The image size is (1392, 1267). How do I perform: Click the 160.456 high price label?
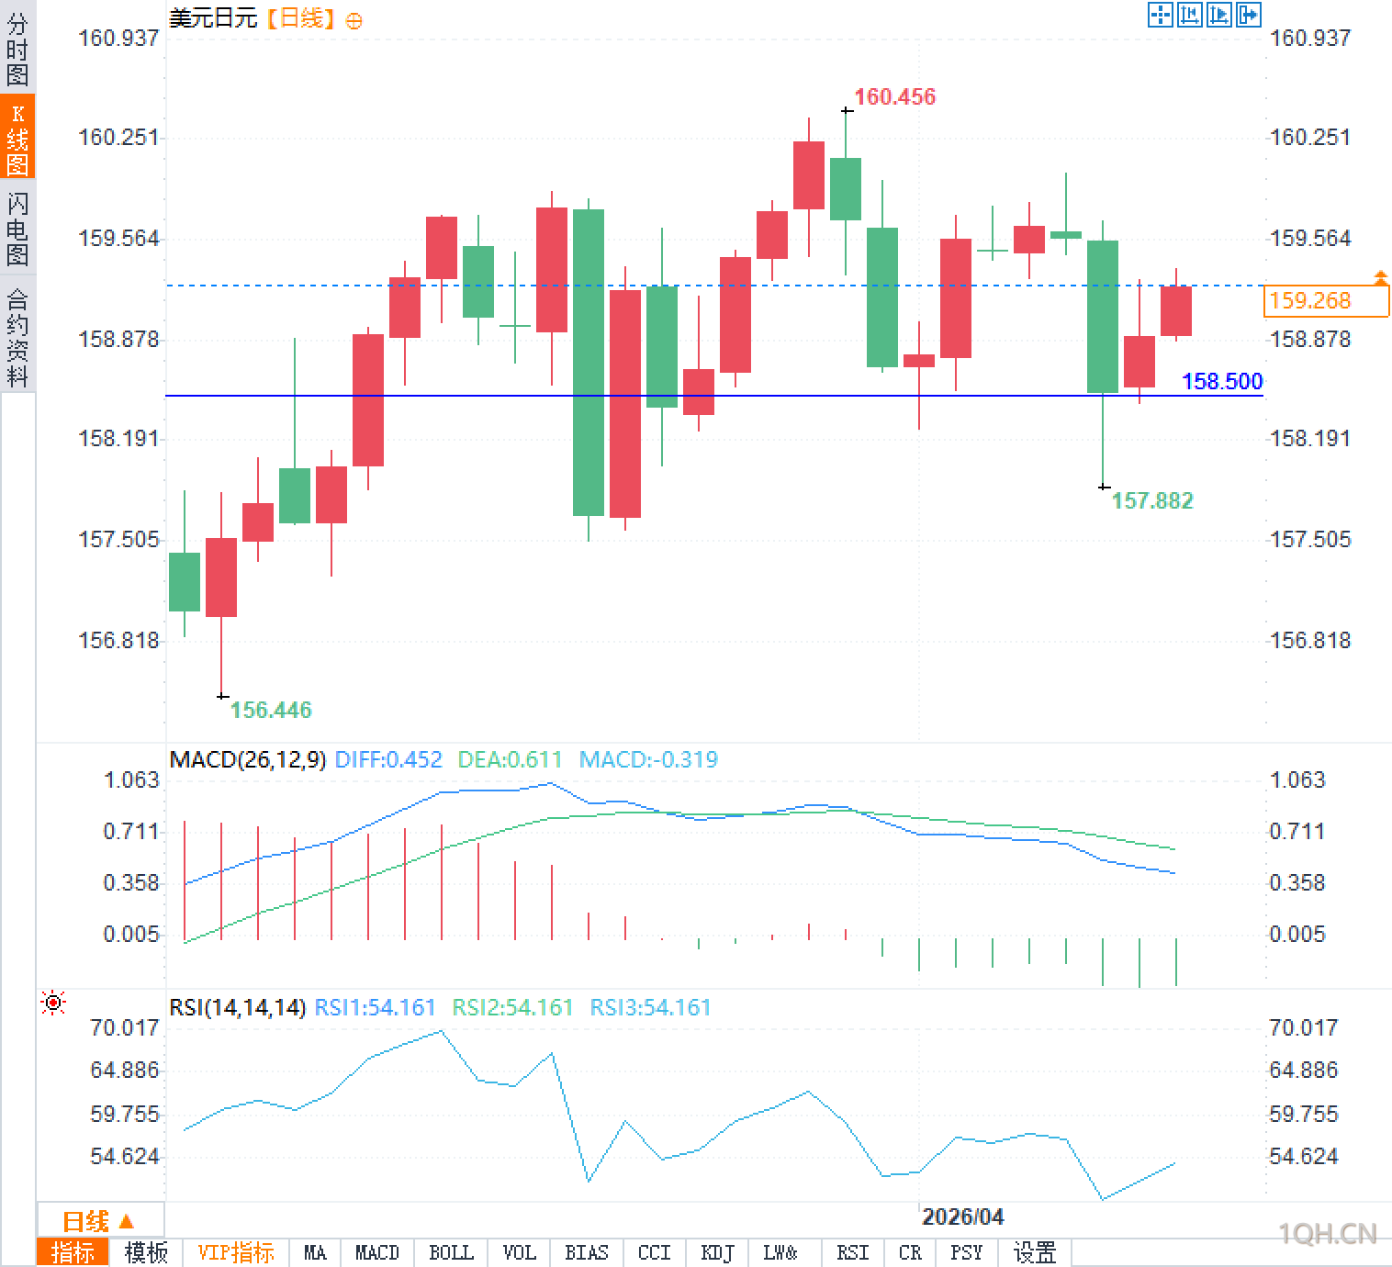(894, 96)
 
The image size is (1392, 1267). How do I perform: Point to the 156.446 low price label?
(270, 710)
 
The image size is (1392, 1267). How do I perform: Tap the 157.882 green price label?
(1152, 500)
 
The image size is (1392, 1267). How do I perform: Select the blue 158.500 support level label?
(1221, 381)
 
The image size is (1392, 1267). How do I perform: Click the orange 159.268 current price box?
(1325, 301)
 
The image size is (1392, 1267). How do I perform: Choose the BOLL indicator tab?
(451, 1252)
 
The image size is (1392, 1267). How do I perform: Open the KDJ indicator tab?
(717, 1252)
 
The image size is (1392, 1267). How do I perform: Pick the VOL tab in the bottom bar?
(519, 1252)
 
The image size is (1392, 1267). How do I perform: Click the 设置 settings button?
(1034, 1252)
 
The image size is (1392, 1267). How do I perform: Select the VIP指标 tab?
(236, 1252)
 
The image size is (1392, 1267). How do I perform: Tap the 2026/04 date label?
(962, 1217)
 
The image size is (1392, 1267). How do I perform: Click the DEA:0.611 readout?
(510, 760)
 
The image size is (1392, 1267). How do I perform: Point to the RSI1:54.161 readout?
(375, 1007)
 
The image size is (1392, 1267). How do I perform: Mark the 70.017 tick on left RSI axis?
(125, 1027)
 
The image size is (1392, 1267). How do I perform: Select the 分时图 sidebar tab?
(17, 48)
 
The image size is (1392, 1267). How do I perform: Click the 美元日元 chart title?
(213, 17)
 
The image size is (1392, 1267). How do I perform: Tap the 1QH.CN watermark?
(1328, 1234)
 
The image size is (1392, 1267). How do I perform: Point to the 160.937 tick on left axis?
(118, 39)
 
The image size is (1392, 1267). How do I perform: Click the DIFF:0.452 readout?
(388, 760)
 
